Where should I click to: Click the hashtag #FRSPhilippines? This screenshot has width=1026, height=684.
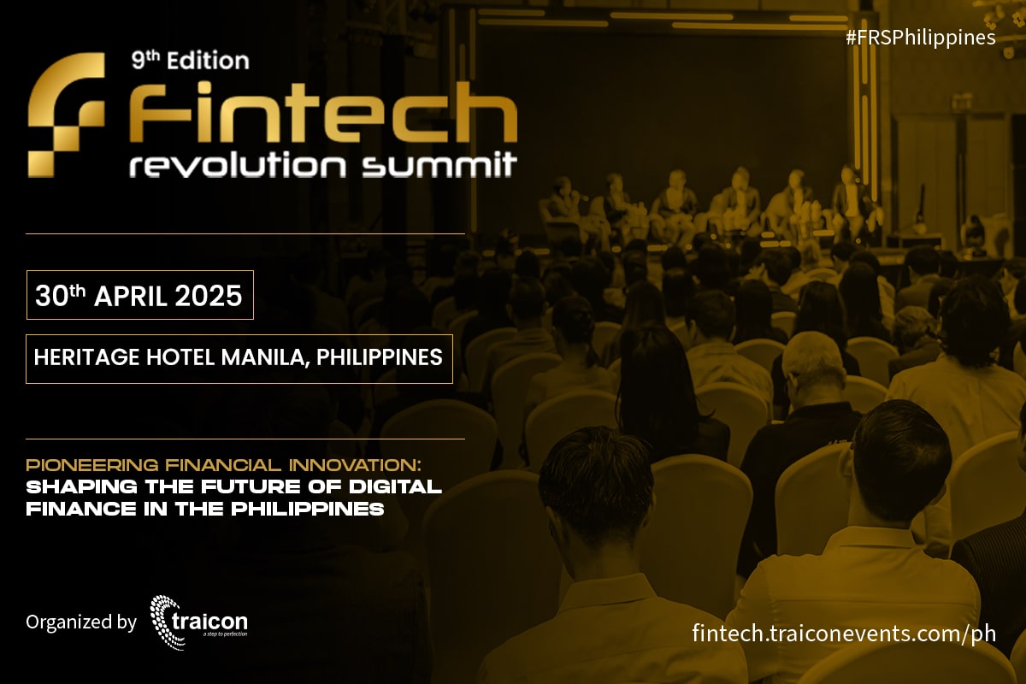(919, 38)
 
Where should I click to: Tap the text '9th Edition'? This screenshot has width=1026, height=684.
(190, 61)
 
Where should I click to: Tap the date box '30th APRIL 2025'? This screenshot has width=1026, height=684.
(139, 295)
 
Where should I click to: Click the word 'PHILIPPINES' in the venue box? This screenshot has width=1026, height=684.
(380, 357)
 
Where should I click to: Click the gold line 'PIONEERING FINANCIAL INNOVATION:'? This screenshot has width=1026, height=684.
(223, 465)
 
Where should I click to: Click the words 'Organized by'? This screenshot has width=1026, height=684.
(80, 622)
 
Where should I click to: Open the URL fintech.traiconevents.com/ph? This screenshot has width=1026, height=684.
(843, 634)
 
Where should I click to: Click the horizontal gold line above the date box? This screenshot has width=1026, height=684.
(245, 233)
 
